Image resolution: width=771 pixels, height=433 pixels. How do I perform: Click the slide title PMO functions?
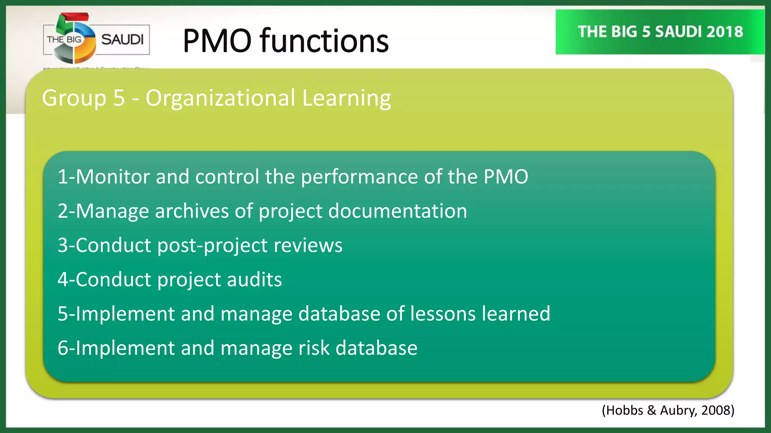tap(285, 41)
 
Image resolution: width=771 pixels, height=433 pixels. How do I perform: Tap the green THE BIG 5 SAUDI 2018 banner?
tap(660, 32)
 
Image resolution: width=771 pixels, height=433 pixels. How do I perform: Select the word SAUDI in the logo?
tap(122, 39)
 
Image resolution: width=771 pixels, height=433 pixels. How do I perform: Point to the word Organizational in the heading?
tap(220, 98)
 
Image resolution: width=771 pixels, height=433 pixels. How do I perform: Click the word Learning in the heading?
tap(346, 98)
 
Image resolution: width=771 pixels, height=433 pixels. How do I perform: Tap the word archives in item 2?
tap(192, 211)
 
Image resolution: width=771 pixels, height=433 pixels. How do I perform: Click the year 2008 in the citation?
tap(716, 410)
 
